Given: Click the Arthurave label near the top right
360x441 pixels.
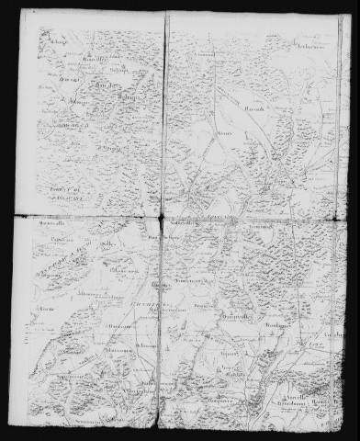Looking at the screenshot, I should click(x=311, y=44).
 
